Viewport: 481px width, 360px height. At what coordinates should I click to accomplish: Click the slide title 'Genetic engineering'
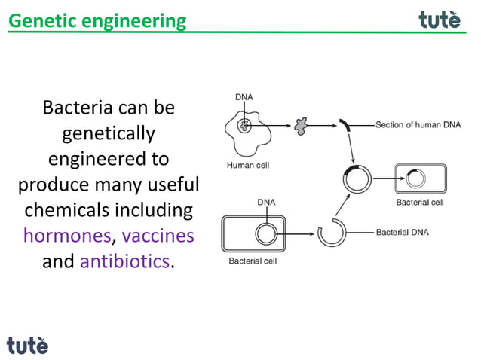(x=97, y=20)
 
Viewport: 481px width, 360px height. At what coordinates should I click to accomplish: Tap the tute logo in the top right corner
(x=440, y=20)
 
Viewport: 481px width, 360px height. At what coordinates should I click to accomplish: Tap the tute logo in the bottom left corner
(x=28, y=345)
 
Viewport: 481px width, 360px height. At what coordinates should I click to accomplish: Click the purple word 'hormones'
(x=66, y=236)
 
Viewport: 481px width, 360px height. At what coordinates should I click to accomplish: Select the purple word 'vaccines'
(x=158, y=236)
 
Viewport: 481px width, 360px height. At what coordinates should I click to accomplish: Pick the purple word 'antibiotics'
(x=124, y=261)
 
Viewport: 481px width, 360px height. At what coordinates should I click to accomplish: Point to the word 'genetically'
(x=109, y=133)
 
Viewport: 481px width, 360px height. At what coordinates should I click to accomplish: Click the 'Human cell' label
(x=247, y=165)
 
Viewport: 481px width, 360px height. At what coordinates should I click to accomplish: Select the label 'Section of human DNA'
(x=418, y=125)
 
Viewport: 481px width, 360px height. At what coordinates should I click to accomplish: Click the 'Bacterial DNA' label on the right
(x=402, y=232)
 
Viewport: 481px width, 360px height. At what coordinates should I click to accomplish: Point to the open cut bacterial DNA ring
(x=330, y=233)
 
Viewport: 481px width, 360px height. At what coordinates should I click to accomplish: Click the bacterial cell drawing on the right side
(x=420, y=180)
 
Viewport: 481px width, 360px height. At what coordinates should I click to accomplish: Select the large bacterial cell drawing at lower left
(x=253, y=233)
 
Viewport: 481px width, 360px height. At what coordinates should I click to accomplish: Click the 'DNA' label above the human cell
(x=244, y=97)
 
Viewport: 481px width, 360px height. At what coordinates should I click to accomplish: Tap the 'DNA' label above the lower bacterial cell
(x=265, y=202)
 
